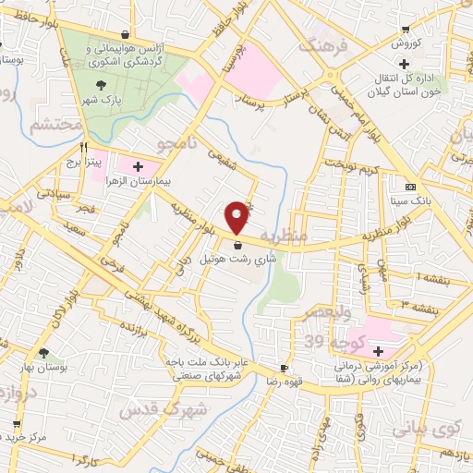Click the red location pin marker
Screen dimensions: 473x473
237,216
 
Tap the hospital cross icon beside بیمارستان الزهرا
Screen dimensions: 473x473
138,167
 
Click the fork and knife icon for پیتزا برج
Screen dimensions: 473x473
84,147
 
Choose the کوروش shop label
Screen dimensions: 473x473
406,43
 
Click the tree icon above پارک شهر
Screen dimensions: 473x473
100,85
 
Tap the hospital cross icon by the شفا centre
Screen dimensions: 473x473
377,351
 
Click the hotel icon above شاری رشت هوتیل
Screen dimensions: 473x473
239,246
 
